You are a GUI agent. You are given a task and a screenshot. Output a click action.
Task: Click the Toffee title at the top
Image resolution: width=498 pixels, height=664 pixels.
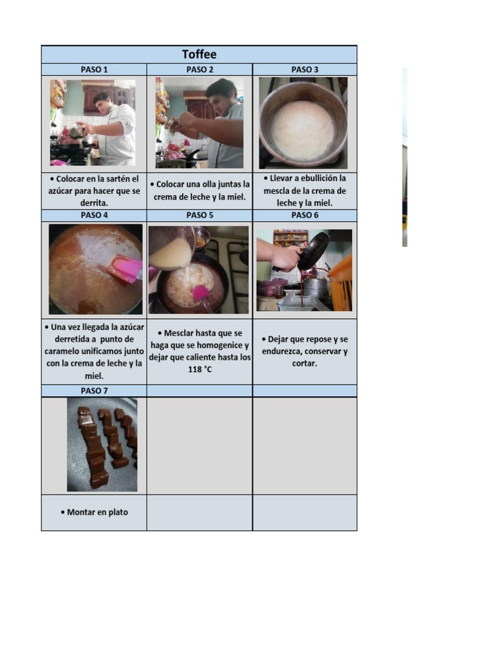[x=199, y=54]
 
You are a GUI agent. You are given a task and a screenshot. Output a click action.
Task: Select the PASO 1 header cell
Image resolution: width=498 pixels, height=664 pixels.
[x=94, y=69]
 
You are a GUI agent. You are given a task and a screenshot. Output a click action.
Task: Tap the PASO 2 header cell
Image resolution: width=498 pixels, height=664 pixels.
[x=200, y=69]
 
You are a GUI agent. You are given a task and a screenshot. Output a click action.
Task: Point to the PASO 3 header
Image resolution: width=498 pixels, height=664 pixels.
[x=305, y=69]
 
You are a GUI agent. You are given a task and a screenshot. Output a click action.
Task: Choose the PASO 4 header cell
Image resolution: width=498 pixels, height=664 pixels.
[x=94, y=215]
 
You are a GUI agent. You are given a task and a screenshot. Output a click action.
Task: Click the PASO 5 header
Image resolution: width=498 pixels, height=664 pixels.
[x=200, y=215]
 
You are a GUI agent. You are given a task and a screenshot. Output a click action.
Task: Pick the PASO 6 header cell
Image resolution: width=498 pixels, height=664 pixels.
[x=305, y=215]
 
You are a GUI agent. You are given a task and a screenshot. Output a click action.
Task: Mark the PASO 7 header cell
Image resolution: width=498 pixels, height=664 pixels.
[x=94, y=390]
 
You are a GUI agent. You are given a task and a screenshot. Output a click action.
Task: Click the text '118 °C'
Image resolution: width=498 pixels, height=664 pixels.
[x=200, y=370]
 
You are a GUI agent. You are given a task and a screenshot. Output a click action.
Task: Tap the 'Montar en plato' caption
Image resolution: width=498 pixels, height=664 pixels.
[x=97, y=512]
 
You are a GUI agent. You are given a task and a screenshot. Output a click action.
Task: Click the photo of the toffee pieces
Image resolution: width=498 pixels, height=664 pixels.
[x=102, y=444]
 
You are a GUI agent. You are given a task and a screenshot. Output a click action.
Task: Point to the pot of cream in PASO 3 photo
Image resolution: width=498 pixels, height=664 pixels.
[x=303, y=130]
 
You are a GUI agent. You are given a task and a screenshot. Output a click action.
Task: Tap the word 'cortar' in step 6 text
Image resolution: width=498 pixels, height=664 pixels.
[x=304, y=364]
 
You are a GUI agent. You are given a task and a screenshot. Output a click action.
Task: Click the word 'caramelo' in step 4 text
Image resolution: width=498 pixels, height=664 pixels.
[x=65, y=351]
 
